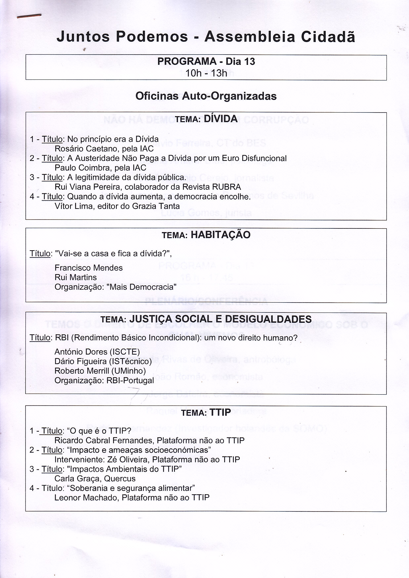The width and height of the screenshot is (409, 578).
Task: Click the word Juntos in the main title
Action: tap(83, 36)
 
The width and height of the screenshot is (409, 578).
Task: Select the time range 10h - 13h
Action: tap(206, 73)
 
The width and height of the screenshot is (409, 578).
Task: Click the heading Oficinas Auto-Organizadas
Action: tap(206, 96)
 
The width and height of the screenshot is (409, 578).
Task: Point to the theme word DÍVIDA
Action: tap(221, 119)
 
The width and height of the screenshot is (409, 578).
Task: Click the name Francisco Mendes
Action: tap(89, 268)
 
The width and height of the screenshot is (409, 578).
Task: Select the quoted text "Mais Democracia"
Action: tap(142, 287)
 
